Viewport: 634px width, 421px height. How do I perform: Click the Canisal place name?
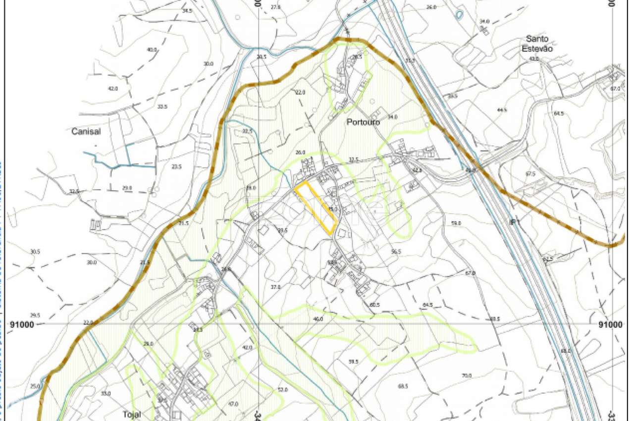86,132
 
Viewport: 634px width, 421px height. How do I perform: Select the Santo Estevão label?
538,44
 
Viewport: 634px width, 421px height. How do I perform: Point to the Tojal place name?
131,414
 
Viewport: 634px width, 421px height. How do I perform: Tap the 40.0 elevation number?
152,50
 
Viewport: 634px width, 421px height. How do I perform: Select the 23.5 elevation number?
177,167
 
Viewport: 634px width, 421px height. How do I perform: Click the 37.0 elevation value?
275,287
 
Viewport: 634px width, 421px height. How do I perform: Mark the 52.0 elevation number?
282,390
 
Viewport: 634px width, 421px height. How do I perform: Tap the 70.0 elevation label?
467,376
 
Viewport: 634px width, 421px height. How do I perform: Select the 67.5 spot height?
531,174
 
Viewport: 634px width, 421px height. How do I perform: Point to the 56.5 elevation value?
395,252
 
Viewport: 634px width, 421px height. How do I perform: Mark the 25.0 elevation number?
35,386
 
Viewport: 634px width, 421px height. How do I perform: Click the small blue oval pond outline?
459,14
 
